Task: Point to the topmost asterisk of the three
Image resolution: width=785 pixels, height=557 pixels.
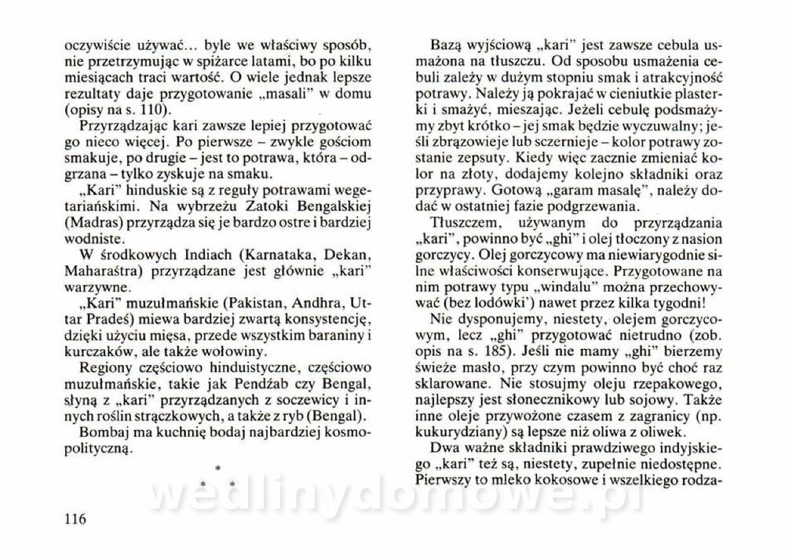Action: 217,468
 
